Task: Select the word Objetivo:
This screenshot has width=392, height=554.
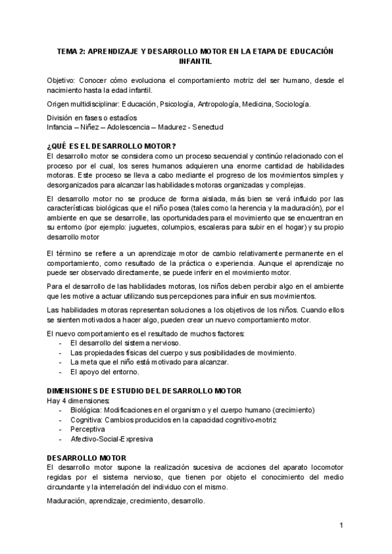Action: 61,80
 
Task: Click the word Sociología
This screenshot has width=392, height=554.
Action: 293,104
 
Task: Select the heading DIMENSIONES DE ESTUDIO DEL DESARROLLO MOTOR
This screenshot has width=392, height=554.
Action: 144,391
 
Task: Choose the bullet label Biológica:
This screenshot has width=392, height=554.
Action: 87,410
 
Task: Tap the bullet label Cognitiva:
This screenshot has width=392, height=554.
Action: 87,419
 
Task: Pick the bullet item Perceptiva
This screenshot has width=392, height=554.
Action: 87,429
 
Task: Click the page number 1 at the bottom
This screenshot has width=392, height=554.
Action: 341,525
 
